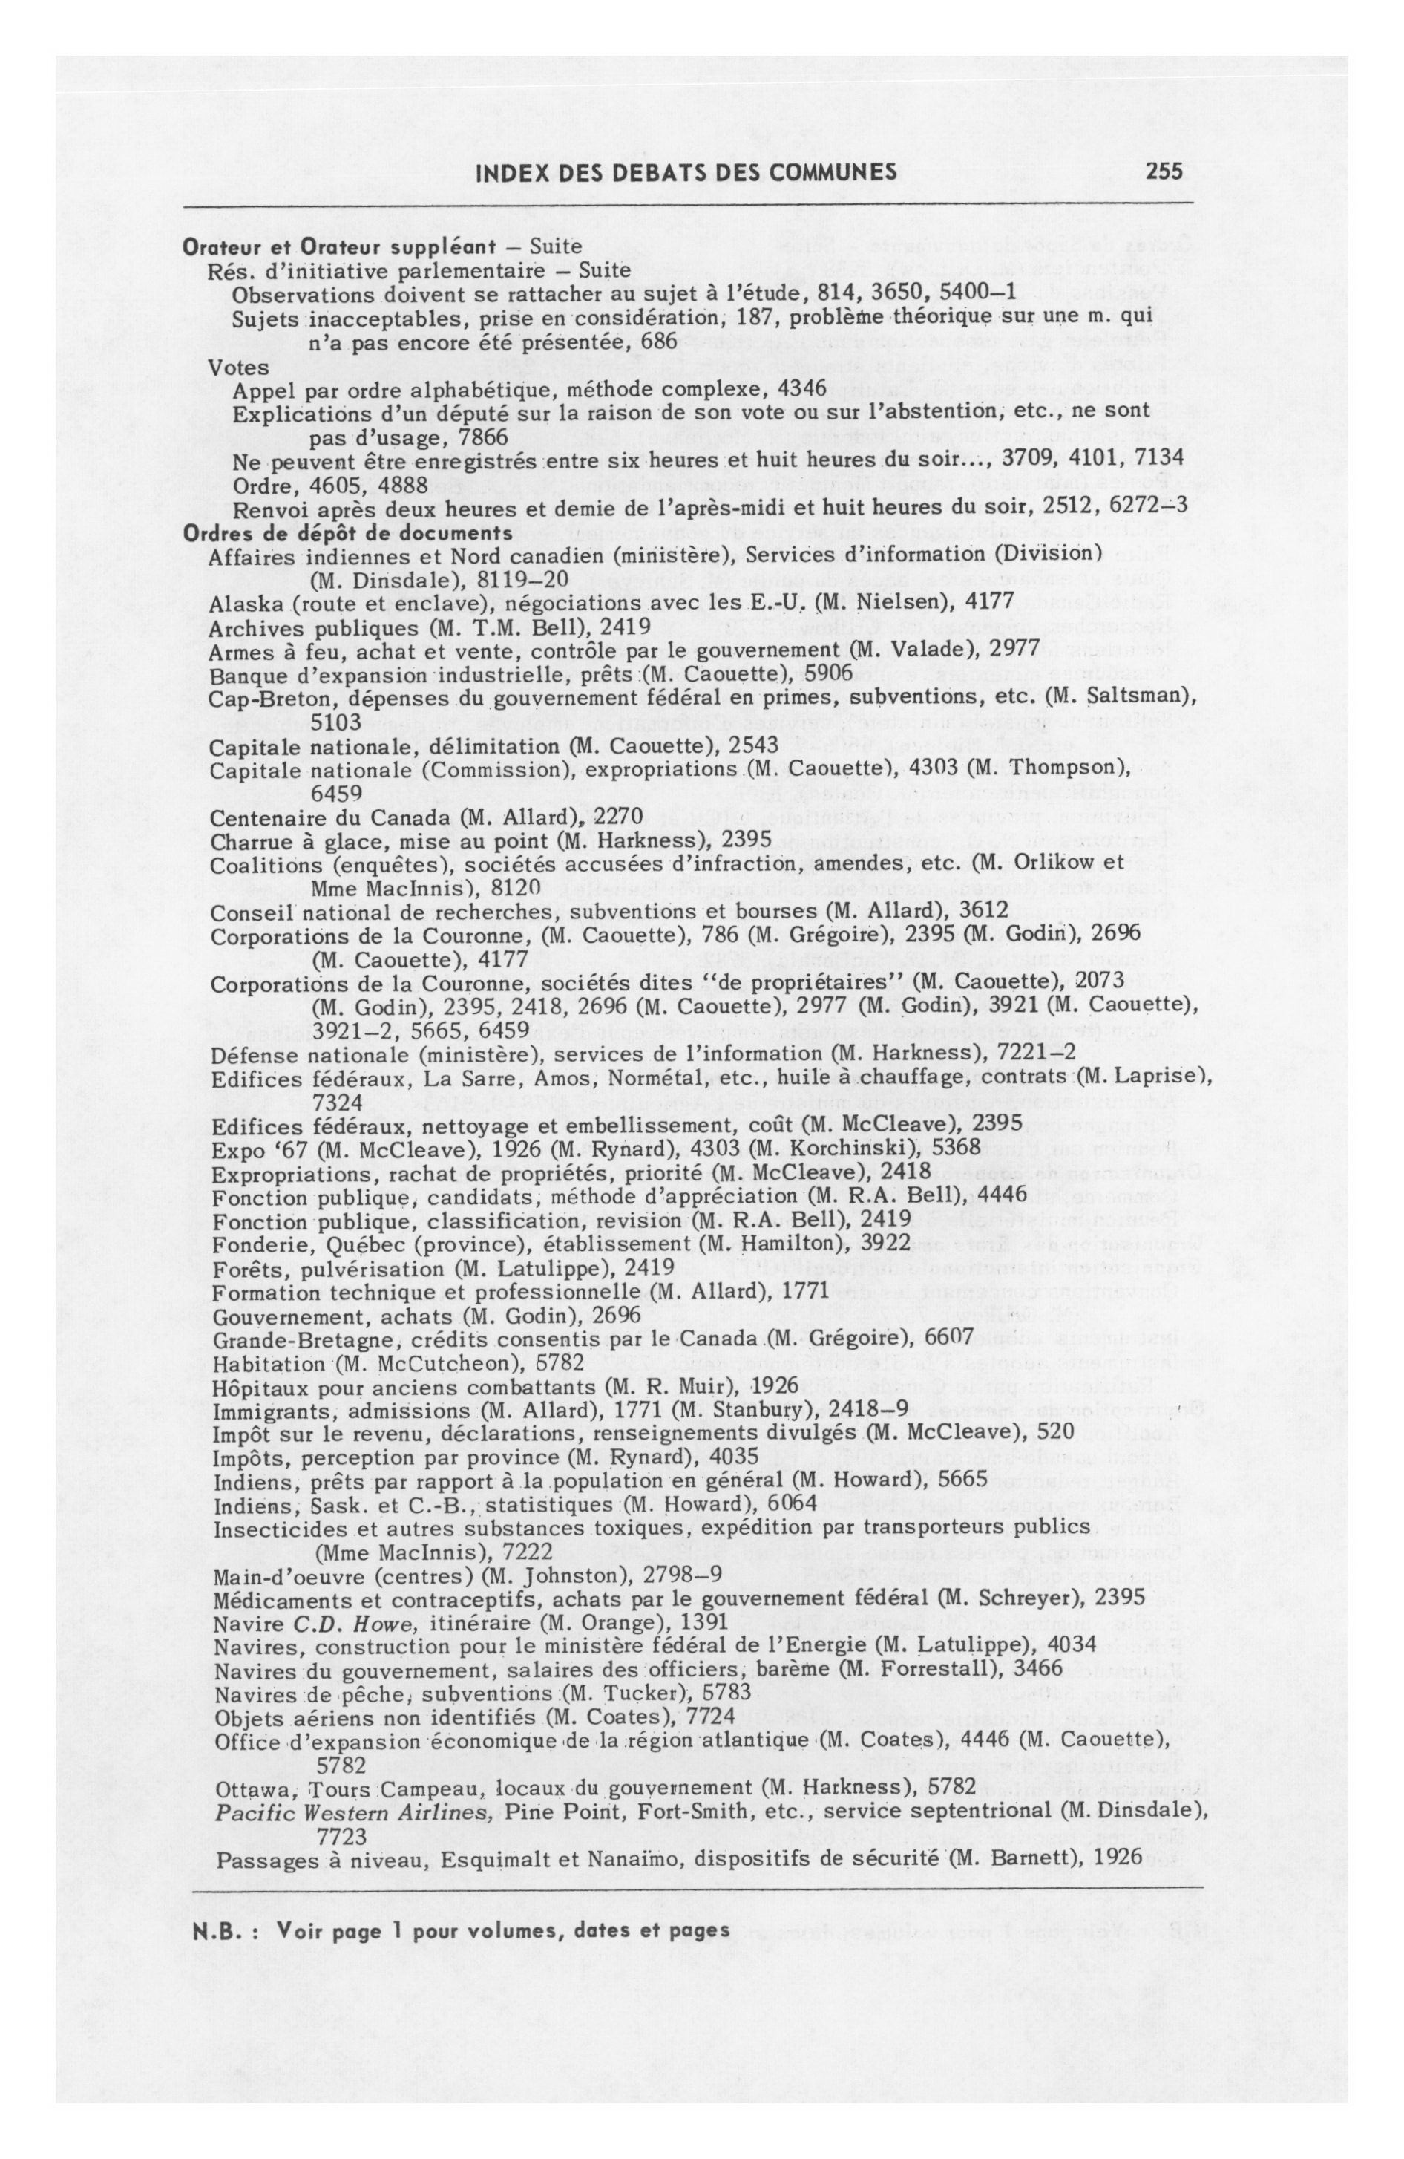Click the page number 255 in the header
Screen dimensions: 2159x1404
1164,172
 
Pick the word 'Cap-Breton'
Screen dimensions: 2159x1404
255,699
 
